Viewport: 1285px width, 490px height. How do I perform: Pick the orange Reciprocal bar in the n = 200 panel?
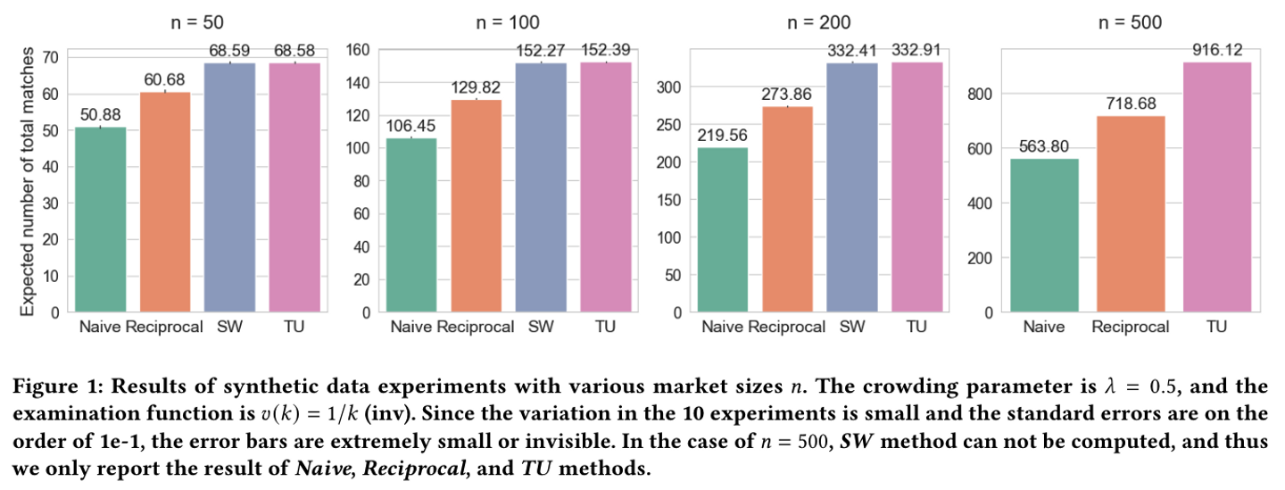tap(786, 210)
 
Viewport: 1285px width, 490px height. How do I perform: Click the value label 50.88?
tap(100, 115)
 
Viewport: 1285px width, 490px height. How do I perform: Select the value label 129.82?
tap(462, 87)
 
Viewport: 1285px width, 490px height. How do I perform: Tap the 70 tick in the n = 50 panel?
tap(51, 57)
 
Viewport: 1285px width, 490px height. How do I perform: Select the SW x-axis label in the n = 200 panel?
tap(852, 327)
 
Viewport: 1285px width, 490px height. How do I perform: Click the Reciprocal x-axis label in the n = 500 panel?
tap(1131, 327)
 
